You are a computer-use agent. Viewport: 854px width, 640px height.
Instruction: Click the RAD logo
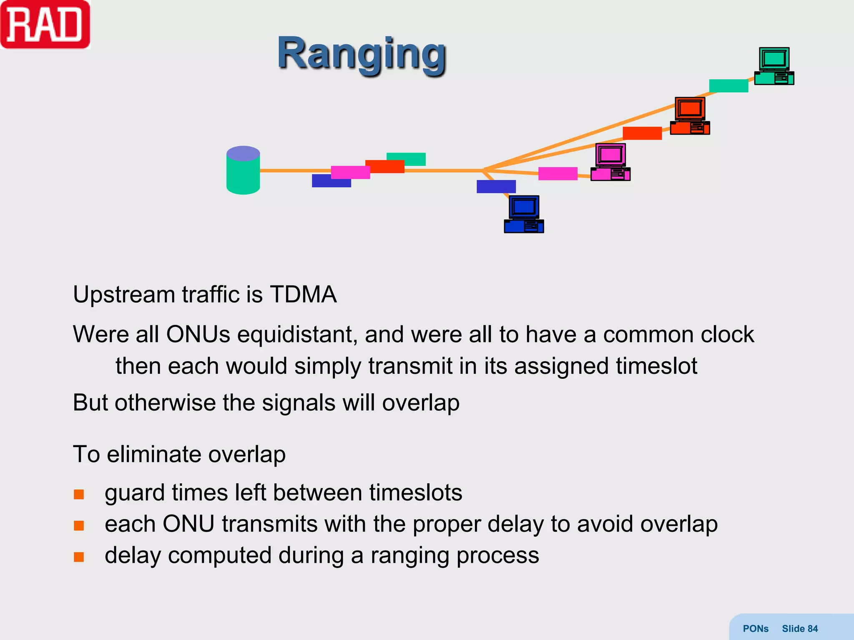tap(45, 25)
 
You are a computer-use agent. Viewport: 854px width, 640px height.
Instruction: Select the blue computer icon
tap(524, 214)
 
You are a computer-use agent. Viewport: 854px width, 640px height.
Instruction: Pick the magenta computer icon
tap(610, 162)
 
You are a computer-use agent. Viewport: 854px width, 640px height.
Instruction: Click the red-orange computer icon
tap(690, 116)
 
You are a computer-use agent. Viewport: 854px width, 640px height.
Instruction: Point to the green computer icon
tap(774, 66)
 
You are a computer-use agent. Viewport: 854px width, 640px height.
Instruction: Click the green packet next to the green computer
tap(728, 86)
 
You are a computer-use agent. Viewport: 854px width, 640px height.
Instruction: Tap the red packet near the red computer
tap(642, 133)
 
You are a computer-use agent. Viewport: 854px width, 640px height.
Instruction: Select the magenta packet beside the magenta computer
tap(558, 173)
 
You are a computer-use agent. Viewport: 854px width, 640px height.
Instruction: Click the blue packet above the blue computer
tap(496, 186)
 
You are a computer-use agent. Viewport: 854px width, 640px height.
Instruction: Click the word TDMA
tap(303, 294)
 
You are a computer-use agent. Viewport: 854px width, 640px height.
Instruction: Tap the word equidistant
tap(297, 334)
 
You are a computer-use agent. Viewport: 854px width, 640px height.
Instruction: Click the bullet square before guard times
tap(79, 494)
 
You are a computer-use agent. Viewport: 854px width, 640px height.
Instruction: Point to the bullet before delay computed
tap(79, 557)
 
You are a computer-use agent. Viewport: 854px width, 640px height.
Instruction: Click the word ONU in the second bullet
tap(188, 524)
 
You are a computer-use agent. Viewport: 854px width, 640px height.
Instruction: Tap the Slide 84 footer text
tap(799, 628)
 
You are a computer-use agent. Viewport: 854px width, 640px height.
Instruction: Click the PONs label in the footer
tap(755, 628)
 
